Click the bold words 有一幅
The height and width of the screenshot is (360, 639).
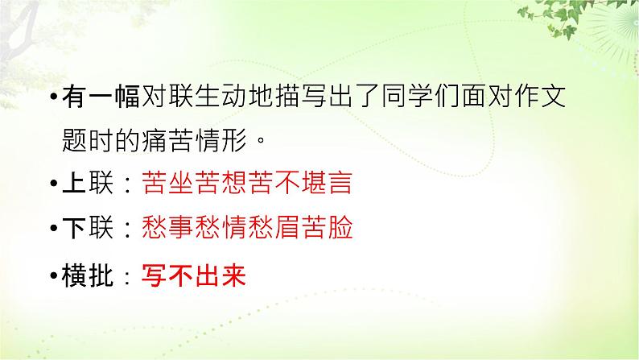click(101, 97)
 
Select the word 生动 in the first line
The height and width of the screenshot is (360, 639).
click(221, 97)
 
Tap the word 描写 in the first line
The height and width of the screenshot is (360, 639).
click(301, 97)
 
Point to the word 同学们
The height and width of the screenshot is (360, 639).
click(421, 97)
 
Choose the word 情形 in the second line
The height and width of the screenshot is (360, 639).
click(221, 141)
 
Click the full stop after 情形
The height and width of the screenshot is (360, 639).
click(261, 142)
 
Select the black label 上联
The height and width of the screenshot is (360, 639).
click(88, 182)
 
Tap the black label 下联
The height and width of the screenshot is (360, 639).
click(88, 227)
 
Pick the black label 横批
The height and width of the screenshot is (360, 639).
click(88, 275)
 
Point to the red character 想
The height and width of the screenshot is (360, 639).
click(234, 182)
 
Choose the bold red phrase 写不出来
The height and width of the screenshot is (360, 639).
click(194, 275)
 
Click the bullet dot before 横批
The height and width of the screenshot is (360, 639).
click(54, 276)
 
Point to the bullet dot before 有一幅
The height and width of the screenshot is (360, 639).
click(54, 97)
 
